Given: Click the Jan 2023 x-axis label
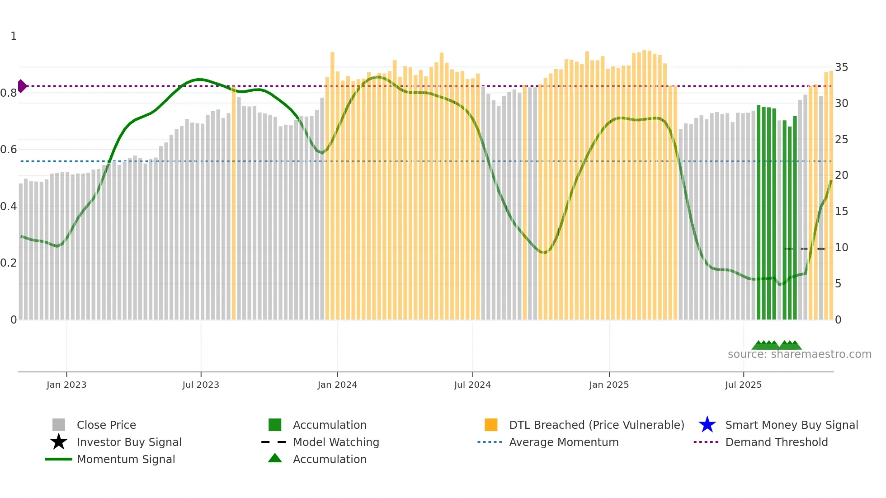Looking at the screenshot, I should tap(66, 385).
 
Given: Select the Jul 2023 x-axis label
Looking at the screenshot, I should tap(201, 385).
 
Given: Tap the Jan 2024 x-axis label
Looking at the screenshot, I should tap(337, 385).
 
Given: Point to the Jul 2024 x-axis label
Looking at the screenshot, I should tap(472, 385).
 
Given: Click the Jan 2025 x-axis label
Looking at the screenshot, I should tap(609, 385).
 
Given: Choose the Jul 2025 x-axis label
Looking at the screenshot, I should tap(743, 385).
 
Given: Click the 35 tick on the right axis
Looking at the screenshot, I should tap(841, 67).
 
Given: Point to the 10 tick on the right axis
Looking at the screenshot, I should tap(841, 248).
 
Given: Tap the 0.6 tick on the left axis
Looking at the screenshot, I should tap(9, 150).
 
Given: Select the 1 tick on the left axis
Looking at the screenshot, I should tap(14, 36).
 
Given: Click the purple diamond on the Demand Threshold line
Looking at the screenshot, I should tap(22, 86).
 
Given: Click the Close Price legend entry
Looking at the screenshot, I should tap(106, 425).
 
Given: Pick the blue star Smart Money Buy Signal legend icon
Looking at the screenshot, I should tap(707, 425).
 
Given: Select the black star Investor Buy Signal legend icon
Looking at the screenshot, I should tap(59, 442).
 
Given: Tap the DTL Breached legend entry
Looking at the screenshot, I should tap(596, 425).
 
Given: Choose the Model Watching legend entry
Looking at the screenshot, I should tap(336, 442).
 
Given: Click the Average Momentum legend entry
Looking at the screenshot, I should tap(564, 442).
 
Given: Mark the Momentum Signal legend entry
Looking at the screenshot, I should tap(126, 459).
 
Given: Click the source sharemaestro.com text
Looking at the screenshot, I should tap(799, 354).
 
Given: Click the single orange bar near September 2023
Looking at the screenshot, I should tap(234, 203).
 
